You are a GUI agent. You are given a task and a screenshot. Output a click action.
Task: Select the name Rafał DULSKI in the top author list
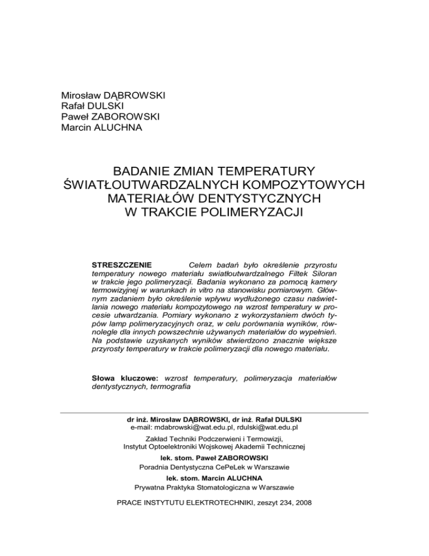93,106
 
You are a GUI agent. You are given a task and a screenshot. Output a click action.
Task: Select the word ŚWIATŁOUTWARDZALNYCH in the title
147,185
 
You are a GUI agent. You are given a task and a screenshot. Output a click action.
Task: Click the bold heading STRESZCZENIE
120,264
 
